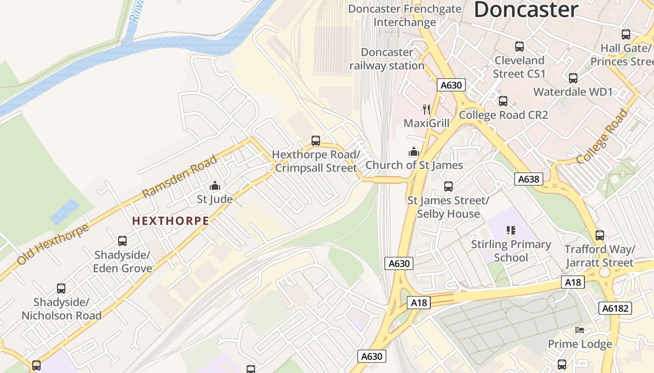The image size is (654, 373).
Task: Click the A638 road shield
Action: (x=529, y=179)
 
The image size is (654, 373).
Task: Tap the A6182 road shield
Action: (x=615, y=308)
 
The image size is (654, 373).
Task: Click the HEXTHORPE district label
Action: (x=171, y=221)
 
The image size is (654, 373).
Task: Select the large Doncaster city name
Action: (x=526, y=10)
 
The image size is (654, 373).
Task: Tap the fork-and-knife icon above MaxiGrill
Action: (x=426, y=110)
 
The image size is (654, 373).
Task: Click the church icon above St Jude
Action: (x=215, y=186)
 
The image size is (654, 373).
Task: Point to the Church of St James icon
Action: (x=413, y=152)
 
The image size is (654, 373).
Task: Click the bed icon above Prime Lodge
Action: (x=580, y=330)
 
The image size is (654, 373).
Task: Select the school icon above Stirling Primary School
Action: (x=511, y=230)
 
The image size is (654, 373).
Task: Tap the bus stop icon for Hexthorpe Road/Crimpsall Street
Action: (x=316, y=141)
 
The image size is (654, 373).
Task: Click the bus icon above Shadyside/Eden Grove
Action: (x=122, y=241)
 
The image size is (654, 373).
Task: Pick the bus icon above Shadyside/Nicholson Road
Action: (x=61, y=289)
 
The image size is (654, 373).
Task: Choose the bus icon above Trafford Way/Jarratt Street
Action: (x=600, y=235)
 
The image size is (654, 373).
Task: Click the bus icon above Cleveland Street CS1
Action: (x=519, y=47)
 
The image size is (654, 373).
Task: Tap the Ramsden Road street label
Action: (x=180, y=177)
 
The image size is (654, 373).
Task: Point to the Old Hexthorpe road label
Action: (x=52, y=245)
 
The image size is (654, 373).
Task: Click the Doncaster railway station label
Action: (x=387, y=59)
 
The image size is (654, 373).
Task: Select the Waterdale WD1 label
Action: (x=573, y=92)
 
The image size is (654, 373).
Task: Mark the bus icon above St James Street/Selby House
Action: (x=448, y=186)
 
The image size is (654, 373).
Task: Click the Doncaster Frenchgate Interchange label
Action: (x=405, y=15)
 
